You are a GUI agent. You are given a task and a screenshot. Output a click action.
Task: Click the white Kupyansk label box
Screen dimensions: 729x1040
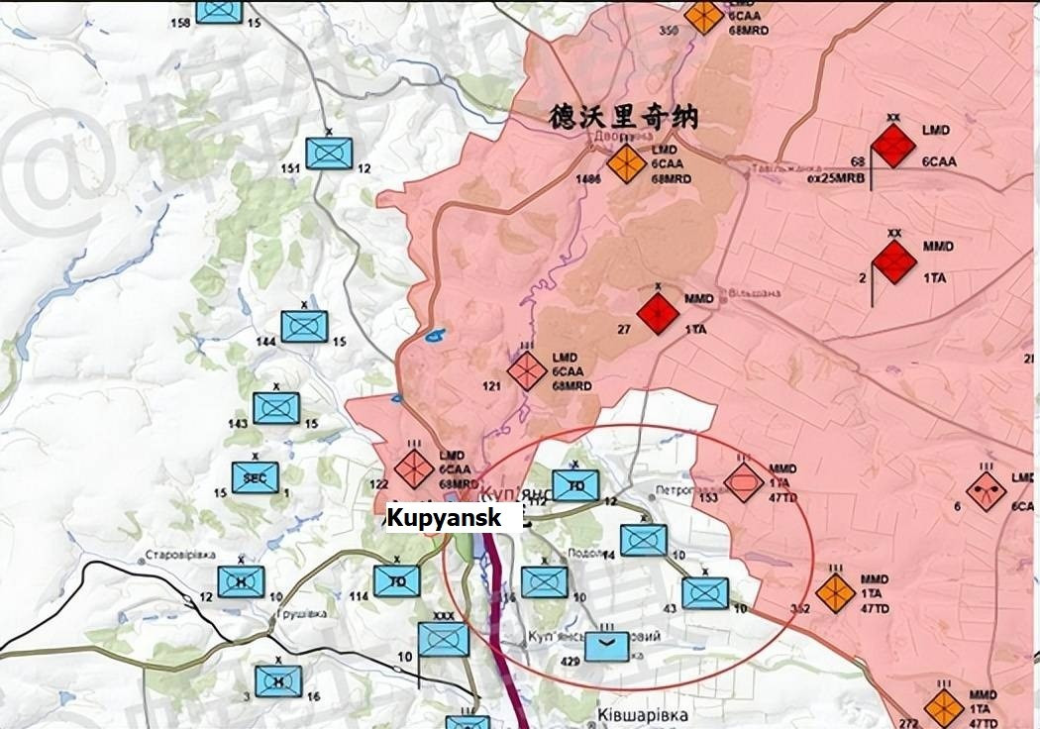pyautogui.click(x=454, y=518)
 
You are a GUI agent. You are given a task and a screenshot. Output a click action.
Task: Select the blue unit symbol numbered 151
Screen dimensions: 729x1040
pyautogui.click(x=329, y=153)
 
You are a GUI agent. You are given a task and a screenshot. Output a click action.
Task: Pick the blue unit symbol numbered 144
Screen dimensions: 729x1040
pyautogui.click(x=304, y=326)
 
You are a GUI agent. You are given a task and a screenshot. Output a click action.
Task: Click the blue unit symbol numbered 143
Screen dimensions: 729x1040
pyautogui.click(x=276, y=408)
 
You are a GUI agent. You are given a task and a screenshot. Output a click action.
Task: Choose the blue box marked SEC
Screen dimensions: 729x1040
pyautogui.click(x=256, y=477)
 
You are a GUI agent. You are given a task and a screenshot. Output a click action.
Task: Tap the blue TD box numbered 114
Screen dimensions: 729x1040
pyautogui.click(x=397, y=581)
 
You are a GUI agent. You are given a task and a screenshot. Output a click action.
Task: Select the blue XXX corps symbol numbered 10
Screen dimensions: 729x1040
pyautogui.click(x=444, y=640)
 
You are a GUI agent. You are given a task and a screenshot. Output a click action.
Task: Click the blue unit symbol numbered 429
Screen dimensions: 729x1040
pyautogui.click(x=606, y=646)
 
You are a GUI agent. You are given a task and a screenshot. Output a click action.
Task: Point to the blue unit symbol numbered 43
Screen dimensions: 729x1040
pyautogui.click(x=705, y=593)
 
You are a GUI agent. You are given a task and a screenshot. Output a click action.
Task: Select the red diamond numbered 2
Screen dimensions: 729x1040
pyautogui.click(x=895, y=262)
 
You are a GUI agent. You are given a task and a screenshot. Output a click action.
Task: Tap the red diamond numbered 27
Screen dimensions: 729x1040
pyautogui.click(x=658, y=314)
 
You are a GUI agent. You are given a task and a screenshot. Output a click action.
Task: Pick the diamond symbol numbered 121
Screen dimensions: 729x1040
pyautogui.click(x=527, y=370)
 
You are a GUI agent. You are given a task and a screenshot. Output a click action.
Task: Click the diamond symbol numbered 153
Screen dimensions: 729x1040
pyautogui.click(x=743, y=482)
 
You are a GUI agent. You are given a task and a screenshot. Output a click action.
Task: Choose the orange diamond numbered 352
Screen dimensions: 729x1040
pyautogui.click(x=836, y=592)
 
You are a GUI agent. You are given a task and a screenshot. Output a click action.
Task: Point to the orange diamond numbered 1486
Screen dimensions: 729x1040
pyautogui.click(x=626, y=163)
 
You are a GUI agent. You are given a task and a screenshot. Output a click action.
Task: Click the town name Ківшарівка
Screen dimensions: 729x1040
pyautogui.click(x=643, y=714)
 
